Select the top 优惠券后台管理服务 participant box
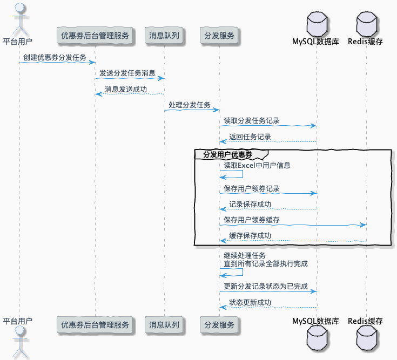point(95,36)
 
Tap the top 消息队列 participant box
point(164,36)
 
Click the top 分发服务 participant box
point(219,36)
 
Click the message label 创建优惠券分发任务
point(55,57)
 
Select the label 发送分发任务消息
point(127,73)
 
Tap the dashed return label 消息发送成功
point(125,89)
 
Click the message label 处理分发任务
point(190,105)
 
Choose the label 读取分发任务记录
point(252,120)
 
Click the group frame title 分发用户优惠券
point(227,154)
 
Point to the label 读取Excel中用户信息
point(257,165)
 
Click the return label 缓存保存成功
point(250,235)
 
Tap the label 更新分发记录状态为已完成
point(266,286)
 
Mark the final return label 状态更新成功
point(250,302)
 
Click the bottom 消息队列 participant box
point(164,325)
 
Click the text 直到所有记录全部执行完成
point(266,263)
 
